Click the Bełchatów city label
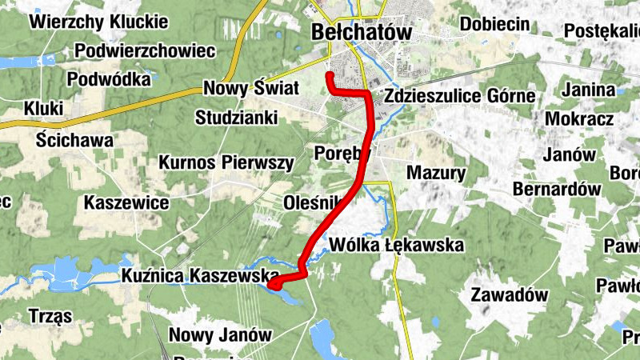pos(360,32)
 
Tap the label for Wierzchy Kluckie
pos(99,22)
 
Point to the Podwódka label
pos(110,79)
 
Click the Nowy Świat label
pos(251,88)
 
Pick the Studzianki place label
pos(236,118)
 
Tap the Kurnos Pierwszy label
pos(227,162)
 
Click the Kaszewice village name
pos(126,202)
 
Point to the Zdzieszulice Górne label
pos(459,96)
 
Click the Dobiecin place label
pos(494,24)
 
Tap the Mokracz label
pos(579,118)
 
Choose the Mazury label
pos(436,172)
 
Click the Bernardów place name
pos(557,190)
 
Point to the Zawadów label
pos(510,294)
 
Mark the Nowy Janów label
pos(220,334)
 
